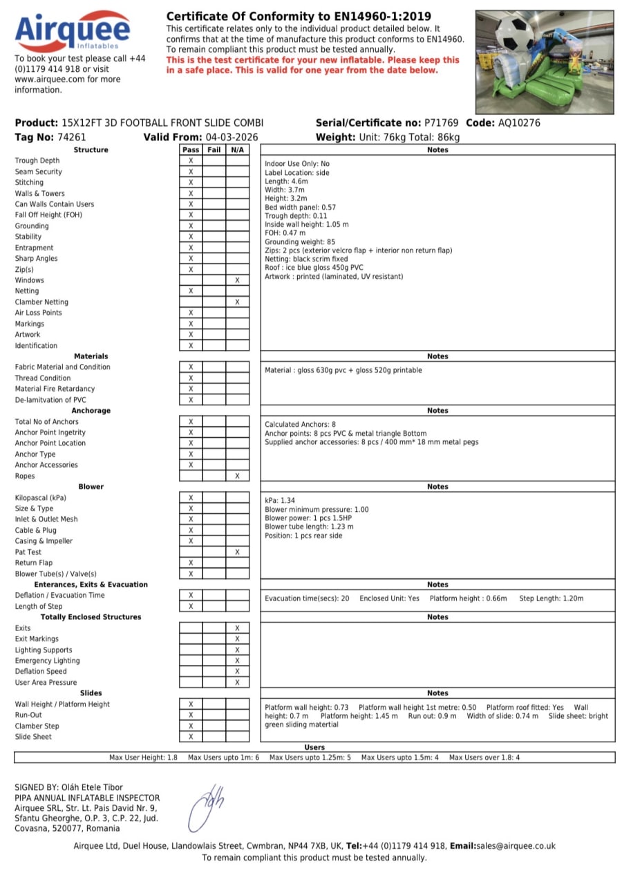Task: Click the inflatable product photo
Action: tap(544, 62)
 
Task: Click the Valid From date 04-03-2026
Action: tap(232, 137)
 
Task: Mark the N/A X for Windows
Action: tap(237, 280)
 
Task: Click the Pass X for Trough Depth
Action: tap(191, 161)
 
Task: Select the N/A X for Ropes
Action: tap(237, 476)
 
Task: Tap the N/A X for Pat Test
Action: tap(237, 552)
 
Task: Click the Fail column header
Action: tap(214, 149)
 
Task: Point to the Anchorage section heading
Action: tap(91, 410)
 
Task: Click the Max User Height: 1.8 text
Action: tap(143, 758)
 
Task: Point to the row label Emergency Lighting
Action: tap(47, 661)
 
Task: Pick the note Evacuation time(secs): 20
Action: tap(307, 598)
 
